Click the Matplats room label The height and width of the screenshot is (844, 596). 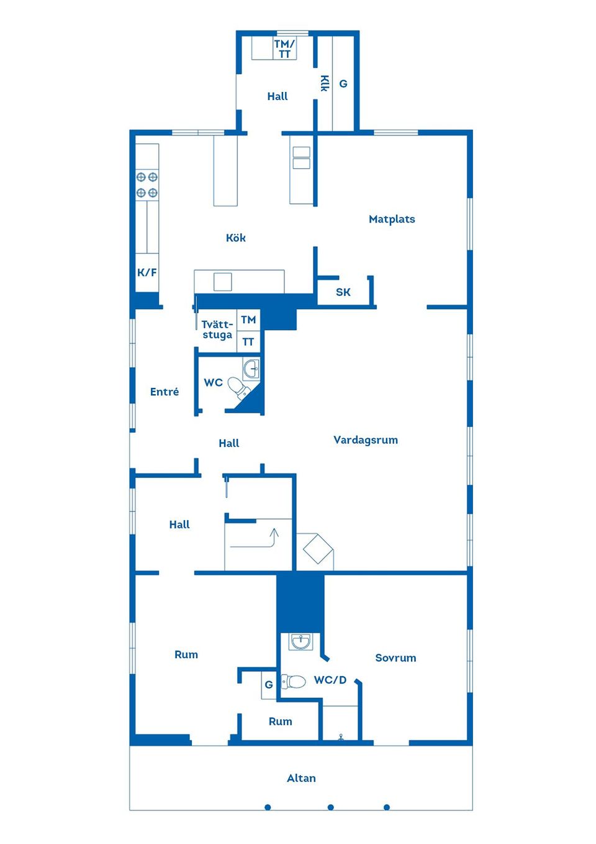[x=392, y=219]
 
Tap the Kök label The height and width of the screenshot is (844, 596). [x=235, y=237]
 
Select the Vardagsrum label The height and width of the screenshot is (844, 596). [x=365, y=439]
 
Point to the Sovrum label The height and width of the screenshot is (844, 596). [x=395, y=658]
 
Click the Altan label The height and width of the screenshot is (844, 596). [x=301, y=778]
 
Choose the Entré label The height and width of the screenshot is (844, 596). [x=164, y=392]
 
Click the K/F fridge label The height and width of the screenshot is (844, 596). [x=147, y=272]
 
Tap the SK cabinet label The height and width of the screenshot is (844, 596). [x=343, y=292]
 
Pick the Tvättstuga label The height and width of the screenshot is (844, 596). [x=217, y=329]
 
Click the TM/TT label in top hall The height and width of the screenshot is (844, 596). [x=284, y=49]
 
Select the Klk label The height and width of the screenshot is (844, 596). [x=324, y=83]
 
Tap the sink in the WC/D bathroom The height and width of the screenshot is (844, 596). [x=300, y=641]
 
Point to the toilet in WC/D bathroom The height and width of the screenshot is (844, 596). [x=293, y=682]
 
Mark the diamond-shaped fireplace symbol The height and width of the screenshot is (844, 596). [x=318, y=549]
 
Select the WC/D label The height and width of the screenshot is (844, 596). [x=330, y=680]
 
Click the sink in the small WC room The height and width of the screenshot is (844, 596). [x=251, y=369]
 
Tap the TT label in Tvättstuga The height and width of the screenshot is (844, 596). [x=248, y=342]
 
